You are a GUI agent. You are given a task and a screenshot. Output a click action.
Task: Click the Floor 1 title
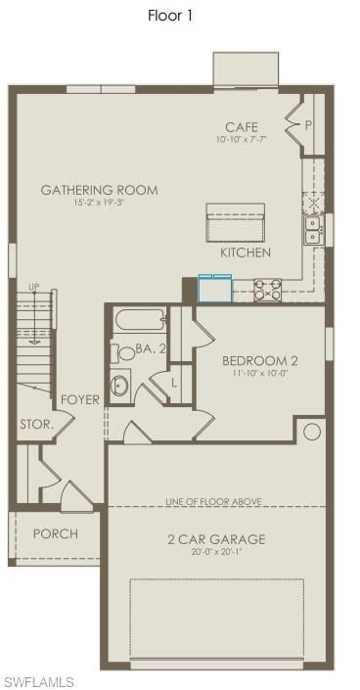click(170, 16)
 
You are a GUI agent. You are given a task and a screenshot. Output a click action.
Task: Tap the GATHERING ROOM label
click(100, 190)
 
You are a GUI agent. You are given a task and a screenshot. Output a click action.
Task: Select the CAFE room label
click(242, 127)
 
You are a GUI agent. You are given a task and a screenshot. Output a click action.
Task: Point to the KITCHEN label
click(246, 253)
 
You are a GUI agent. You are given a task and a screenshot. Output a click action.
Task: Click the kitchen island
click(236, 223)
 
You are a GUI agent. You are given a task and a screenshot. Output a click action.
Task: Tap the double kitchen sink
click(313, 231)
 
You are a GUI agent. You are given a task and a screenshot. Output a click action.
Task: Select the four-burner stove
click(268, 290)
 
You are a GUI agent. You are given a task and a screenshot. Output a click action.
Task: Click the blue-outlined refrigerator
click(215, 288)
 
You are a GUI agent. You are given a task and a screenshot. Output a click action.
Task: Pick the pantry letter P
click(308, 125)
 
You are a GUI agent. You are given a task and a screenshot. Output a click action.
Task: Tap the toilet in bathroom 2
click(123, 353)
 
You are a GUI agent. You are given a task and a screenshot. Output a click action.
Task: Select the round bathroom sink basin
click(119, 386)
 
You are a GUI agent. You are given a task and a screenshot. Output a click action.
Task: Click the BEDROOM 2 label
click(260, 361)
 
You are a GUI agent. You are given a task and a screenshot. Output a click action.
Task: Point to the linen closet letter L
click(174, 383)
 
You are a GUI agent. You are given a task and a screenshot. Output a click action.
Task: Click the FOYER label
click(80, 400)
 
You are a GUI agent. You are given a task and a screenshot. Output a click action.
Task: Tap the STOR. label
click(37, 425)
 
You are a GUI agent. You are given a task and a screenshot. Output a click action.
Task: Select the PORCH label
click(56, 533)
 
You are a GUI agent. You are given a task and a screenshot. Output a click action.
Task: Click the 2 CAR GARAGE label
click(216, 539)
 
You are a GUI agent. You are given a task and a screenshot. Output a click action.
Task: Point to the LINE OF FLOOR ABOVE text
click(214, 501)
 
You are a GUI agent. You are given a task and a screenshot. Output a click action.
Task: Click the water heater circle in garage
click(312, 432)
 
